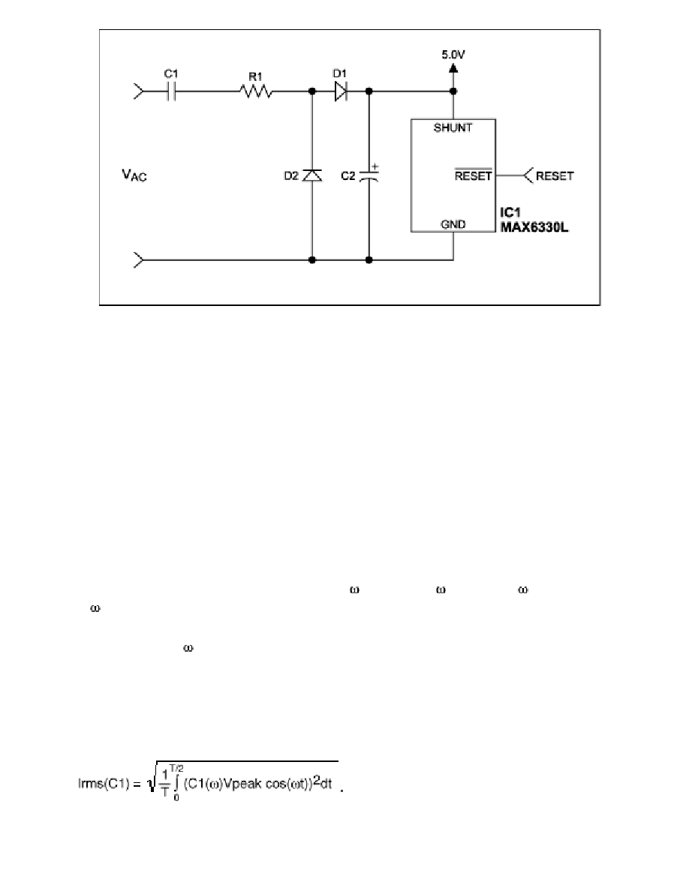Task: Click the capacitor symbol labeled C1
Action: [172, 91]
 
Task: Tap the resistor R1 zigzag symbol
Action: [256, 91]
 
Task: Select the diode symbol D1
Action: [341, 91]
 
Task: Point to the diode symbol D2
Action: [311, 175]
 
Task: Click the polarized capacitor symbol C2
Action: [369, 175]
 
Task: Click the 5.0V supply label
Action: [453, 55]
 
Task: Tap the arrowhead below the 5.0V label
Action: [453, 67]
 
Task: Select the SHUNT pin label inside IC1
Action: [453, 127]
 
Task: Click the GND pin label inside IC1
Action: [453, 224]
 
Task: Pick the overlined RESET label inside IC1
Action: [473, 175]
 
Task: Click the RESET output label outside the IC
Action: [555, 176]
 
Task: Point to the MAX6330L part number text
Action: [534, 227]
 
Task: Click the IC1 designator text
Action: [510, 212]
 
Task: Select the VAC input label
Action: [134, 175]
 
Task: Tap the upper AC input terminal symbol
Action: [140, 91]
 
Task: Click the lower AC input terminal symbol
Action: [140, 260]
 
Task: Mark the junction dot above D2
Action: [311, 91]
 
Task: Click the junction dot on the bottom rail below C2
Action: [369, 260]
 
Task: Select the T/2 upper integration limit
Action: [176, 768]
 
